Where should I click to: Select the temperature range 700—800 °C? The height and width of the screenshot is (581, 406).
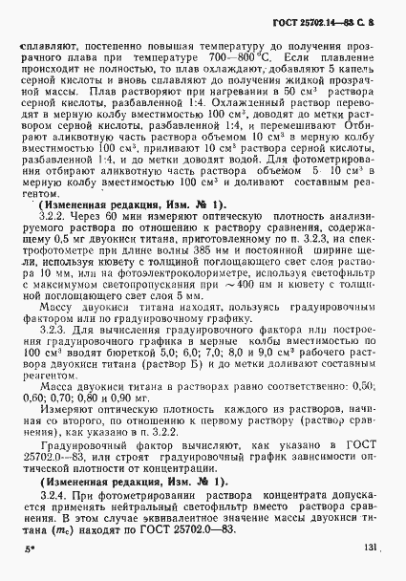(244, 72)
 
